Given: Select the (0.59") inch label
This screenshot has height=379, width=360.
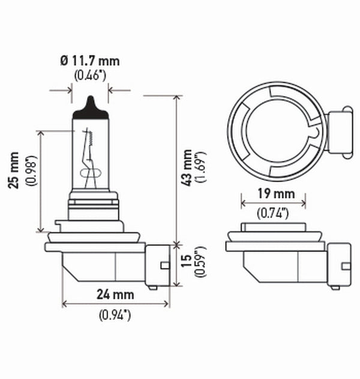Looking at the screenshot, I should (200, 263).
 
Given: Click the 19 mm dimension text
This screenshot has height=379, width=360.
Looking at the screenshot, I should (274, 194).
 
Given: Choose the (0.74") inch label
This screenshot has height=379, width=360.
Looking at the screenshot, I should (274, 212).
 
